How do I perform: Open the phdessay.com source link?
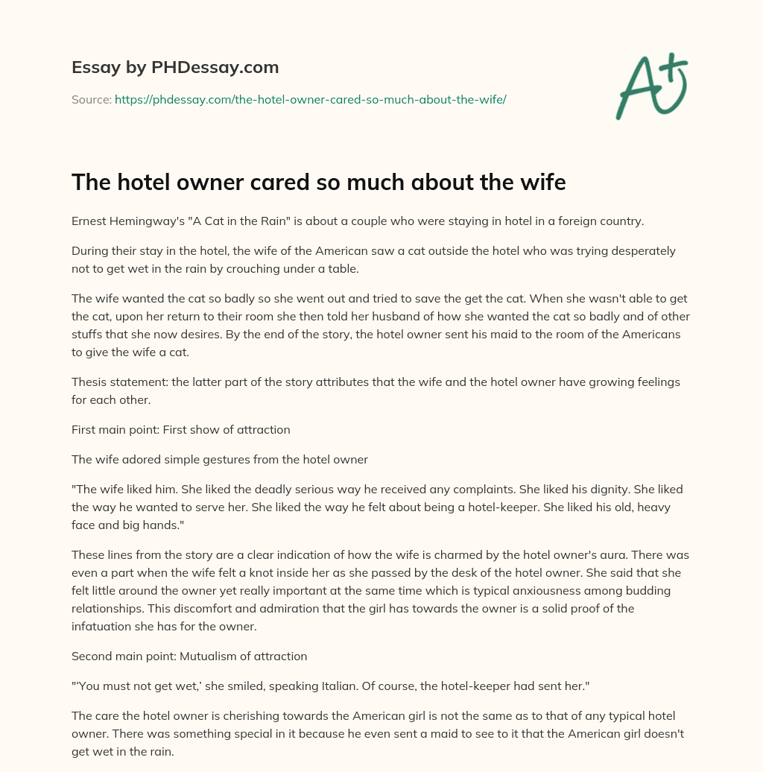click(x=310, y=99)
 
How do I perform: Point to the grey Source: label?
click(x=91, y=99)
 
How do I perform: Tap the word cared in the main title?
click(x=251, y=183)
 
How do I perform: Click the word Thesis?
click(x=89, y=382)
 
